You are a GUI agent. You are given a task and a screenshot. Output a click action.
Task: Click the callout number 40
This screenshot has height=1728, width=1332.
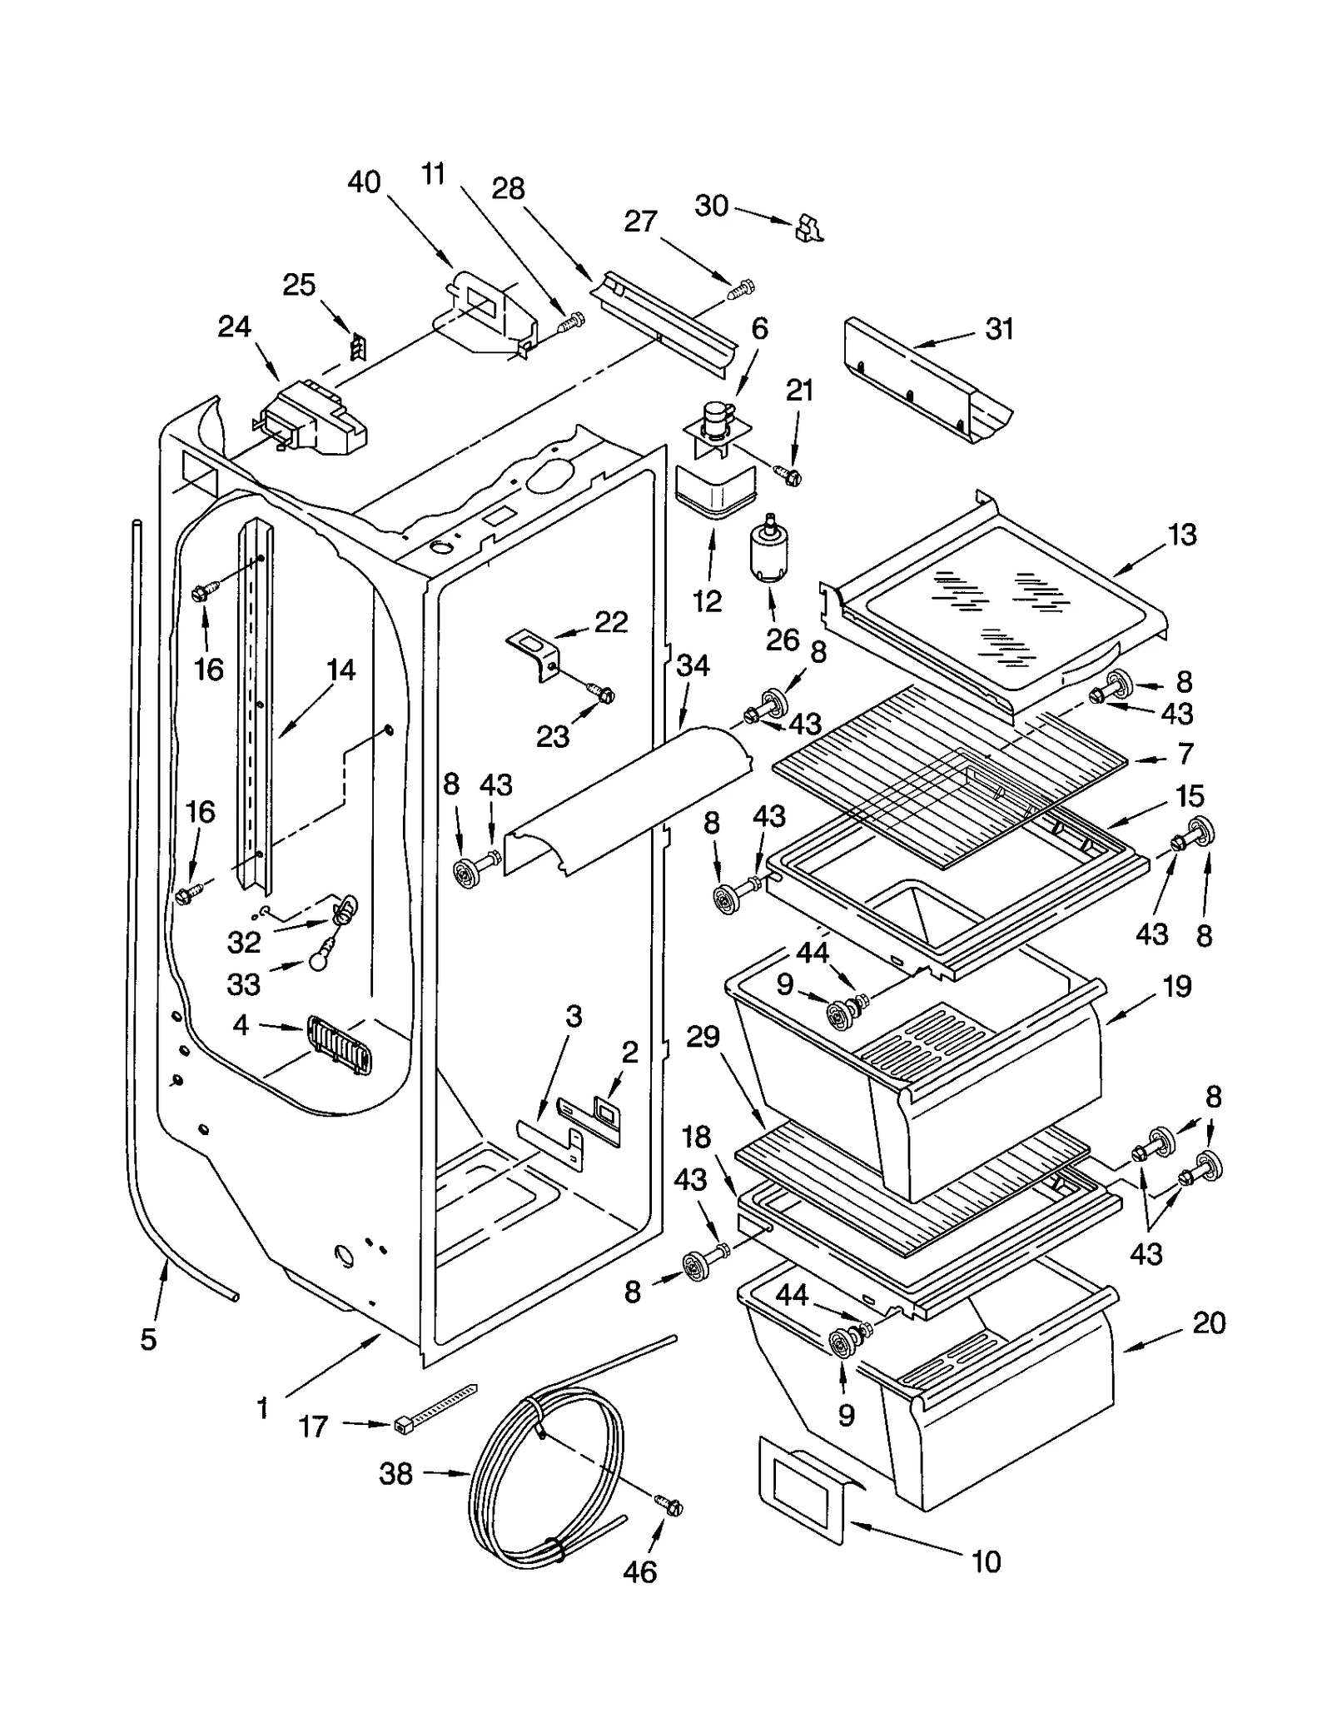364,182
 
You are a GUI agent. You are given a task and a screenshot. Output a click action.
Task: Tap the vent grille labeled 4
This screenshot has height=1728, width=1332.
340,1043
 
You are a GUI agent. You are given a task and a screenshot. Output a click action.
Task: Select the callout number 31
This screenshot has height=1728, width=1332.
999,329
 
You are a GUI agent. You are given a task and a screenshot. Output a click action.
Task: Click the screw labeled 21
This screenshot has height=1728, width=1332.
789,476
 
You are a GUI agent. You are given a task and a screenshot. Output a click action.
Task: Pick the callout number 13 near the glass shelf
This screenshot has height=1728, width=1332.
1182,534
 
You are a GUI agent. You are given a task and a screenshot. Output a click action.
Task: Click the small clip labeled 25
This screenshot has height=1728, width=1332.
358,346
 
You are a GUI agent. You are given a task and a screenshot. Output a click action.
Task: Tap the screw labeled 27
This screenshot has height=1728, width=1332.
741,290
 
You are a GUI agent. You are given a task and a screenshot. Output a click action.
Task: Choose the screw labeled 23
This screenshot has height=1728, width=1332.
603,691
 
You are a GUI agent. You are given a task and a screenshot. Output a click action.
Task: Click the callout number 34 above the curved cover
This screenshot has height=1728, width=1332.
693,665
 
